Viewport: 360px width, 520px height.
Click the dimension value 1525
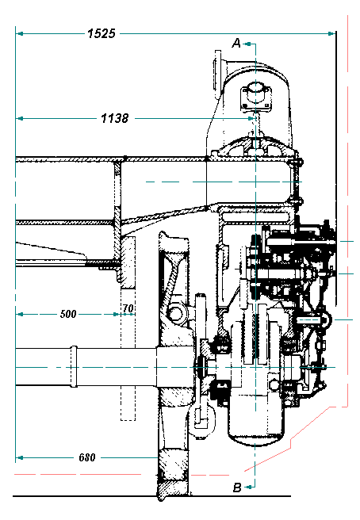coord(101,33)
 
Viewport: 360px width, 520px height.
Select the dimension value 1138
coord(114,118)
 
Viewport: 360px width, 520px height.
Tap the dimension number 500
coord(68,314)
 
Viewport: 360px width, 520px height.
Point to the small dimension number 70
coord(128,308)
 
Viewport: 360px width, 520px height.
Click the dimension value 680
coord(87,457)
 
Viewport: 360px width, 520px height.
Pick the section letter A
coord(236,43)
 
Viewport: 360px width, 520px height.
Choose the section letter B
coord(237,487)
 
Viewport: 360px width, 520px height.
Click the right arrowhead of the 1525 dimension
coord(331,33)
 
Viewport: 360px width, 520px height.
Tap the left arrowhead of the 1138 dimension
coord(20,118)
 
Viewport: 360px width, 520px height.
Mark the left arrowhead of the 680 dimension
coord(20,457)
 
